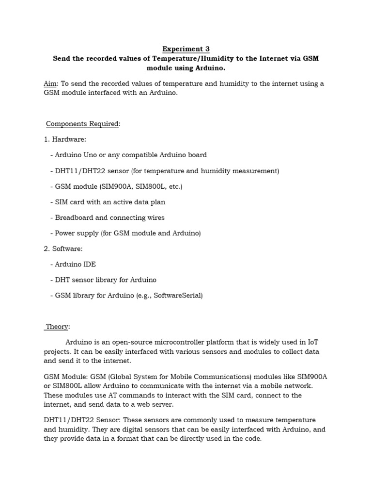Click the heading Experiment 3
coord(186,49)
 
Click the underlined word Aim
coord(50,83)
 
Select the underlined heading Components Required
coord(82,124)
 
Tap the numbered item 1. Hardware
coord(65,139)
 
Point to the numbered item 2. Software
coord(63,248)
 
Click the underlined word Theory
coord(57,327)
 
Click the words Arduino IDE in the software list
coord(76,264)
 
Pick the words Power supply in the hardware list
coord(77,233)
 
